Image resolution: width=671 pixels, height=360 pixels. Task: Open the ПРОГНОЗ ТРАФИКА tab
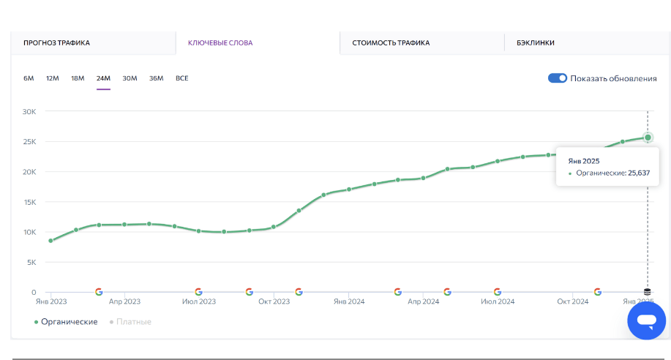56,43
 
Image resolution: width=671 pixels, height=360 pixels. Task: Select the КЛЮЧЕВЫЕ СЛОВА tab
220,43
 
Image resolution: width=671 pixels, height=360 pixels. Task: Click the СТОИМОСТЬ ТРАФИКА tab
391,43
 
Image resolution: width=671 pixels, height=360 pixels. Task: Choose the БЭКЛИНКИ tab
535,43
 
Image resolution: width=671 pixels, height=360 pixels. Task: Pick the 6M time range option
29,78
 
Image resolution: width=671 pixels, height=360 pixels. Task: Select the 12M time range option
53,78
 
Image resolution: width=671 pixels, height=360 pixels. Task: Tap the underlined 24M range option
103,78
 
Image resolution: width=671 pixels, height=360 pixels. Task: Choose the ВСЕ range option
182,78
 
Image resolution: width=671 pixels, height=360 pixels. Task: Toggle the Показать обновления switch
558,78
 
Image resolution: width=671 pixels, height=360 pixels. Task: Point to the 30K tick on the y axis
29,112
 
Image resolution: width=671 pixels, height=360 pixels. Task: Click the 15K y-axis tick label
29,202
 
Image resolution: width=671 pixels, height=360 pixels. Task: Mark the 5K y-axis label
31,262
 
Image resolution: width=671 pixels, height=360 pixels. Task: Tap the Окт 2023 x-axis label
274,301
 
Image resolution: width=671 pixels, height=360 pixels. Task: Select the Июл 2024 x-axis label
498,301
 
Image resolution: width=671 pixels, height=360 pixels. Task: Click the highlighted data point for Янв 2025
648,138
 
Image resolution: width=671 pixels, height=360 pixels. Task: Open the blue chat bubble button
646,320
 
